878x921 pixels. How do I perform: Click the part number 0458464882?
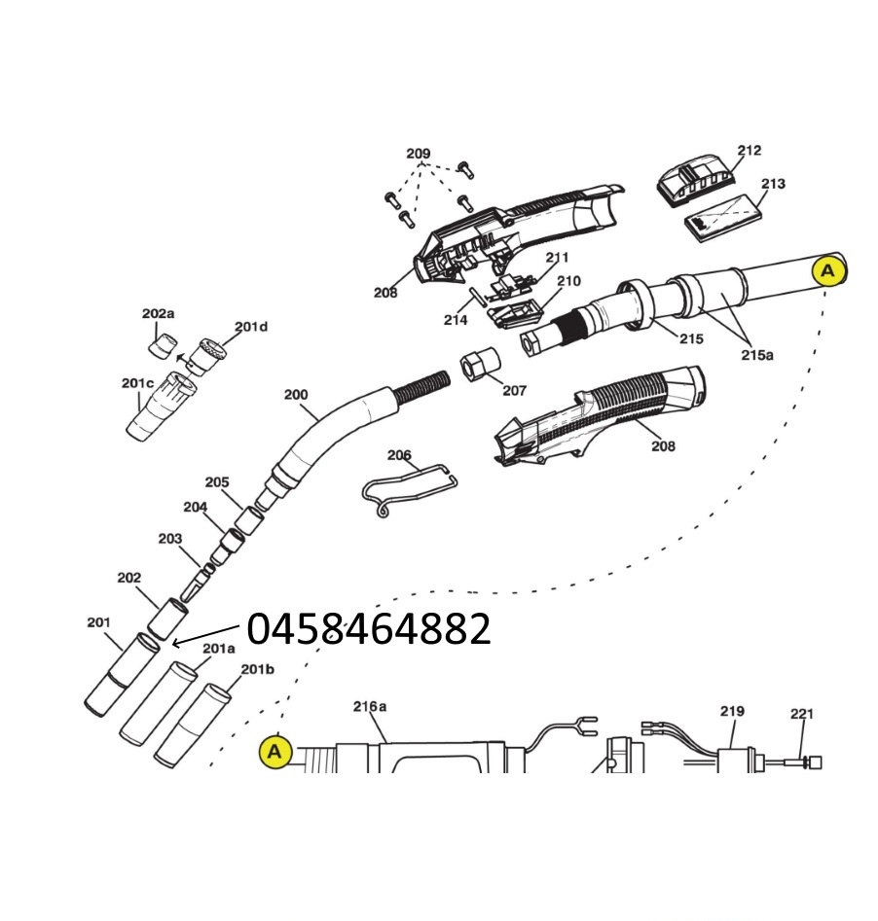click(369, 630)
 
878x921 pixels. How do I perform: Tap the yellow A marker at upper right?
click(828, 270)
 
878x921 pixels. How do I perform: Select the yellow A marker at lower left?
click(275, 751)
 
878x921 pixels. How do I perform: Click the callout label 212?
click(749, 151)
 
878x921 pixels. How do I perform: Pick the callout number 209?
click(418, 154)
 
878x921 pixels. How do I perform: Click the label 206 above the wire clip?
click(399, 455)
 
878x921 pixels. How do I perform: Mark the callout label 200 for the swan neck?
click(295, 395)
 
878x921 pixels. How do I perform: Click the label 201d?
click(250, 327)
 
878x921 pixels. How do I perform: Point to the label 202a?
click(158, 313)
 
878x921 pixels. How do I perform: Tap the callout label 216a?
click(369, 707)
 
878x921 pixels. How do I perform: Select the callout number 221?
click(801, 714)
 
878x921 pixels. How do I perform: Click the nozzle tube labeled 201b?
click(195, 725)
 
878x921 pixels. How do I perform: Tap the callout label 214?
click(455, 320)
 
